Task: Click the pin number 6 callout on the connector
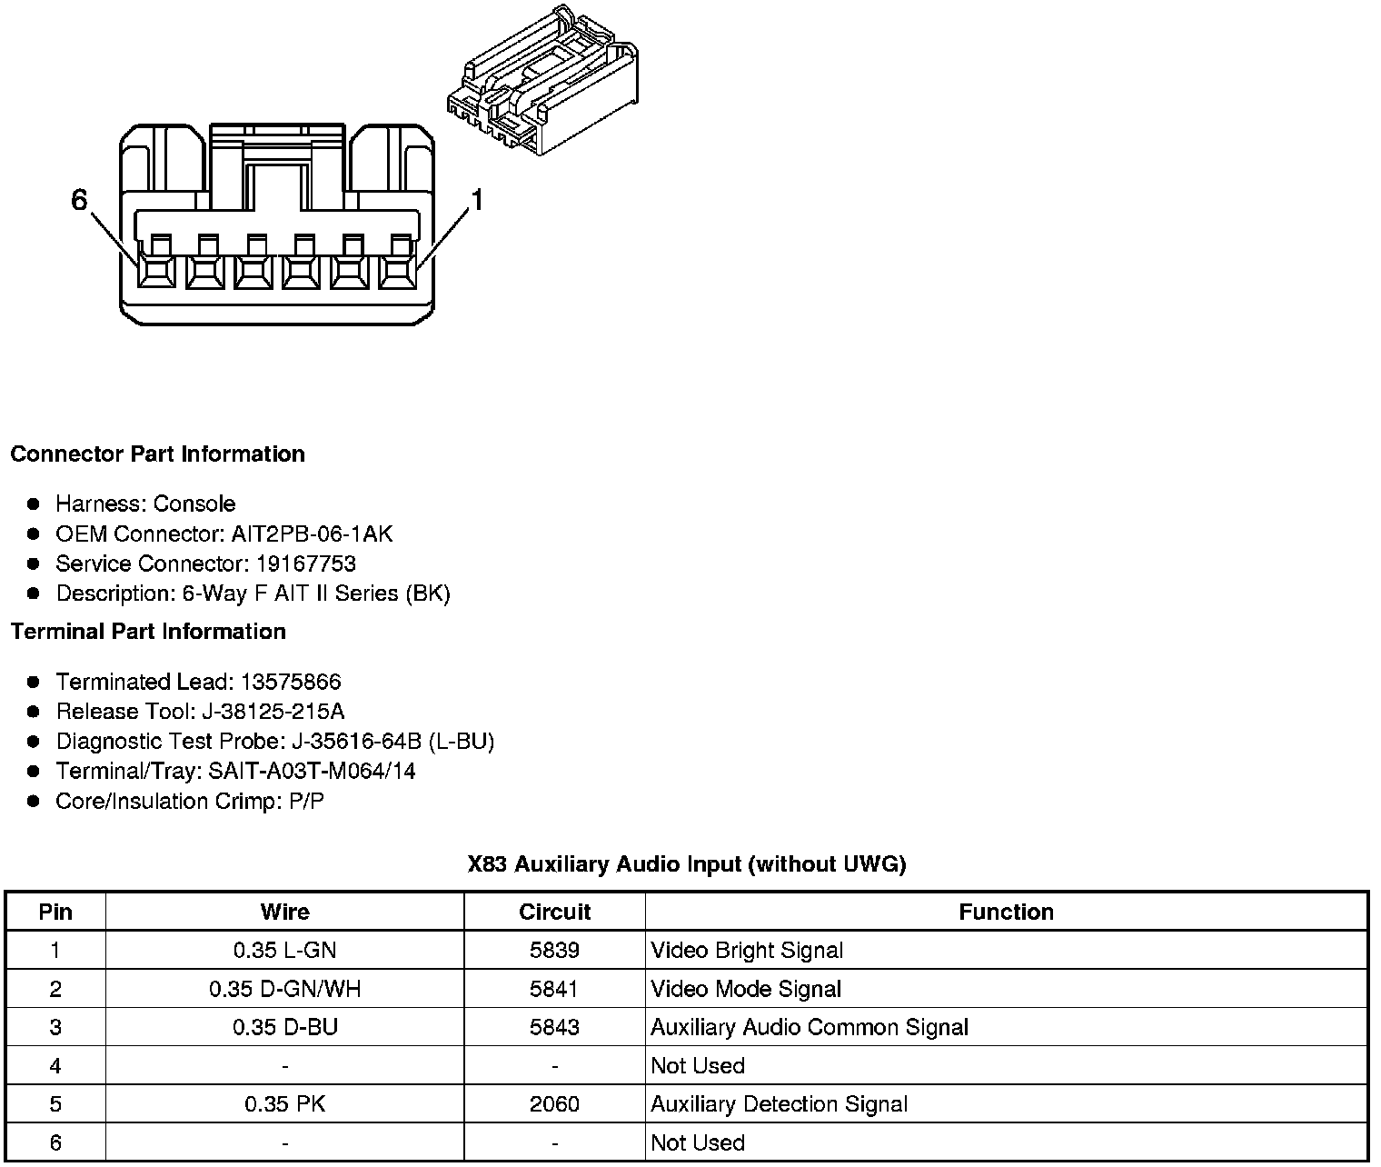[x=79, y=200]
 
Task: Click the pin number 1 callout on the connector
[x=477, y=200]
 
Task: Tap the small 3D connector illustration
[x=545, y=82]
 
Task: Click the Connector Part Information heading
[x=157, y=454]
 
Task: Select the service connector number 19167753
[x=305, y=564]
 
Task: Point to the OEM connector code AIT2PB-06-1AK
[x=312, y=534]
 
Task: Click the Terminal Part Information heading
[x=148, y=631]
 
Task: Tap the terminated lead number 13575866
[x=290, y=682]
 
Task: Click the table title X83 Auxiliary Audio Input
[x=687, y=863]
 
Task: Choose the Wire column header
[x=284, y=912]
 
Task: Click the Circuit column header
[x=554, y=912]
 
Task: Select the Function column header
[x=1006, y=912]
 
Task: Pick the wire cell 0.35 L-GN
[x=284, y=951]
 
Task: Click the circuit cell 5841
[x=554, y=989]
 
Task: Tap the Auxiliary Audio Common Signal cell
[x=810, y=1027]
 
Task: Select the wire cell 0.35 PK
[x=284, y=1104]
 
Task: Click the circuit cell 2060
[x=554, y=1104]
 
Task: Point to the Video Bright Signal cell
[x=747, y=951]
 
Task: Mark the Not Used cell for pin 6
[x=698, y=1142]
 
